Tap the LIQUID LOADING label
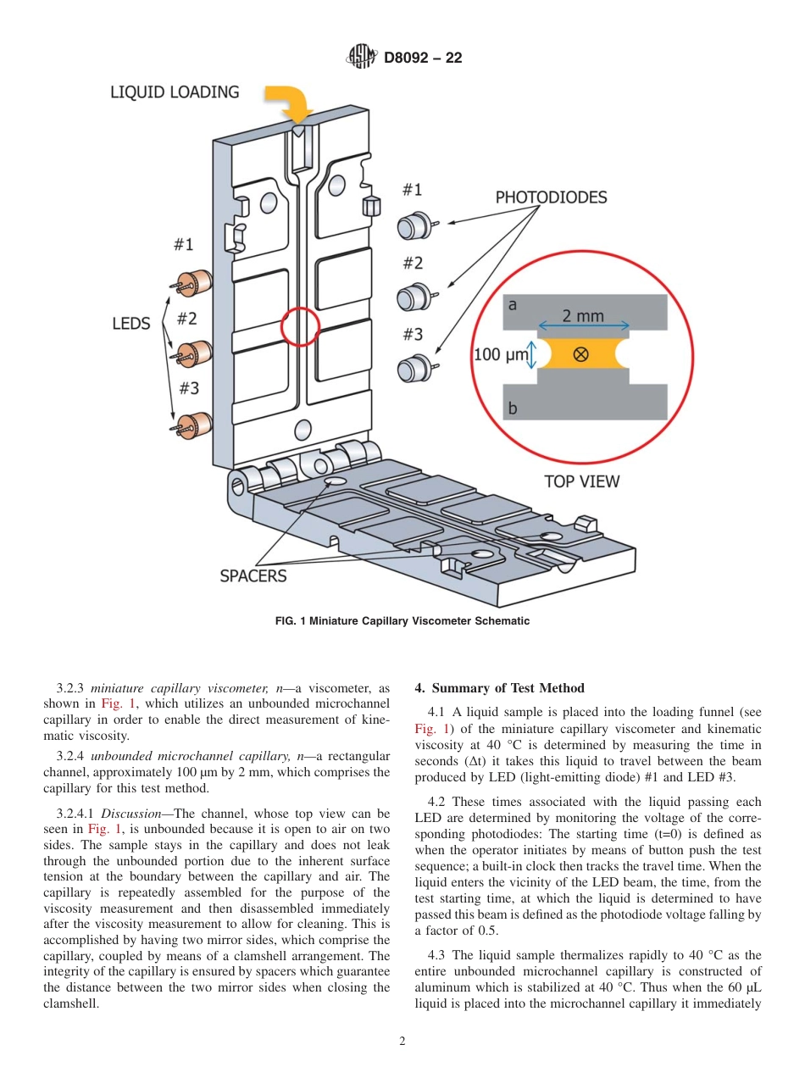175,92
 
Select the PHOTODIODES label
551,197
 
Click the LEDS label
130,324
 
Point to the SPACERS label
253,576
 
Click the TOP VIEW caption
581,481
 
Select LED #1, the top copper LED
196,283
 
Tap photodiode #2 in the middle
414,297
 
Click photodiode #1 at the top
414,225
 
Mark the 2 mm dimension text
583,316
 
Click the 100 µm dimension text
500,354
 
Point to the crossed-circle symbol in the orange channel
580,354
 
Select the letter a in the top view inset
513,303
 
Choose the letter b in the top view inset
513,408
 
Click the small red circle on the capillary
299,326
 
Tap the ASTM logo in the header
363,58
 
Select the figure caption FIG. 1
402,621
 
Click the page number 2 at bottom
402,1042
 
